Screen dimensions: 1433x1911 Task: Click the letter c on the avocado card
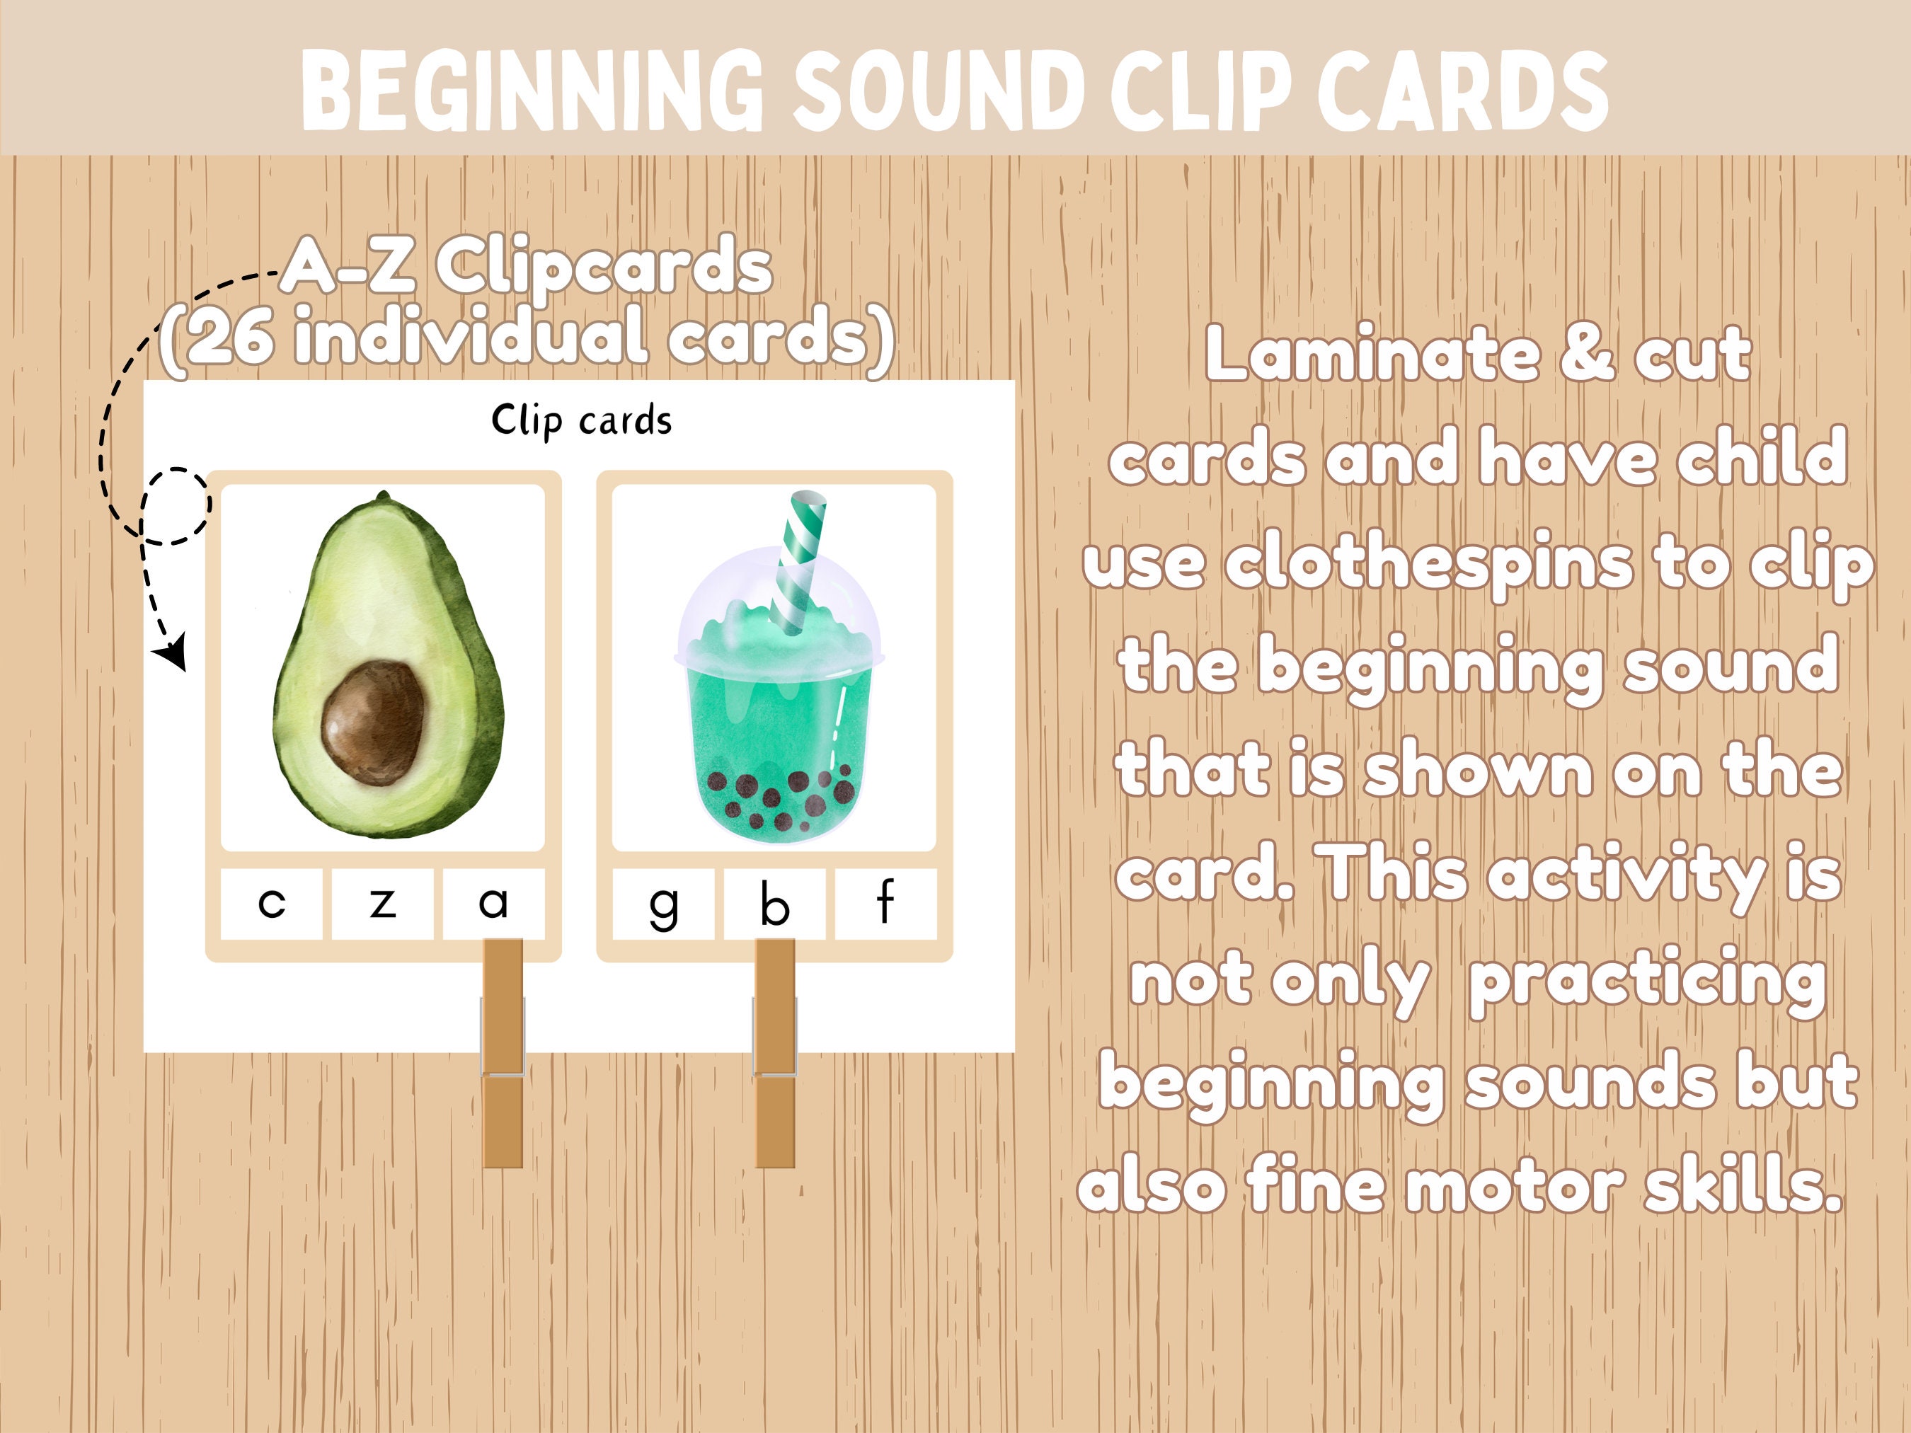[271, 904]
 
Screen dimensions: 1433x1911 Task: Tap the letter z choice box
[383, 904]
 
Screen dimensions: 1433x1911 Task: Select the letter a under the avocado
[493, 904]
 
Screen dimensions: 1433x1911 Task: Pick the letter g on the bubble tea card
[662, 905]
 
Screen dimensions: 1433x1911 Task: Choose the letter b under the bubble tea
[774, 904]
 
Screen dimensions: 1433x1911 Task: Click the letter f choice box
[885, 903]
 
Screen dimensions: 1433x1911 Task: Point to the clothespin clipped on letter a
[503, 1054]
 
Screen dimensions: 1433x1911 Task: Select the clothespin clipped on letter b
[775, 1054]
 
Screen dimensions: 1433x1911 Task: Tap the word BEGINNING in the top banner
[532, 91]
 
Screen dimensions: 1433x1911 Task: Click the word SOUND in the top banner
[937, 91]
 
